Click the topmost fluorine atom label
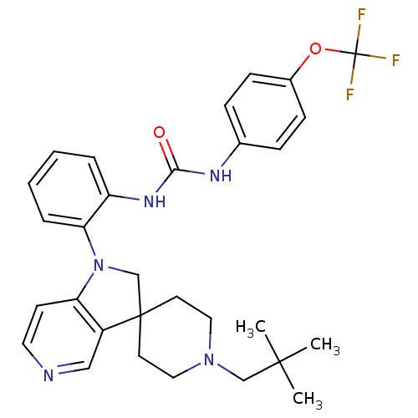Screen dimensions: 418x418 click(361, 14)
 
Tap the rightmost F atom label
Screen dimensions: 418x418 click(395, 60)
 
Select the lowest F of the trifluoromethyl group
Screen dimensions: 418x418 click(350, 94)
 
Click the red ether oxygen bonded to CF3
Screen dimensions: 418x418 click(315, 48)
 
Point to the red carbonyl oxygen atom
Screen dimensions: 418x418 click(159, 132)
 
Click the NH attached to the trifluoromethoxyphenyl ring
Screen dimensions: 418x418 click(221, 176)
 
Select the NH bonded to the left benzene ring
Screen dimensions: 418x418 click(155, 201)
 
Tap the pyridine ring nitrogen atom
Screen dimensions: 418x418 click(48, 375)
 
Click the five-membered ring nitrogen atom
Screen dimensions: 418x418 click(99, 265)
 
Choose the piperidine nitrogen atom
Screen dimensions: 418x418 click(209, 359)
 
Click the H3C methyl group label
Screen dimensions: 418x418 click(251, 327)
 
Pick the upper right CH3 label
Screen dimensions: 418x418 click(325, 345)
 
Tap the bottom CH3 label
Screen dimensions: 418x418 click(308, 399)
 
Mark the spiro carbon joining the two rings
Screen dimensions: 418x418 click(140, 316)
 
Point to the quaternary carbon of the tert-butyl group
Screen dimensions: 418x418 click(279, 362)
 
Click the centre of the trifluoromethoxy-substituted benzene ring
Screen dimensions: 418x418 click(265, 111)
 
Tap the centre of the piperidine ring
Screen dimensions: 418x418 click(175, 337)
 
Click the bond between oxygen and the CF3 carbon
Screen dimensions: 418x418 click(340, 51)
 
